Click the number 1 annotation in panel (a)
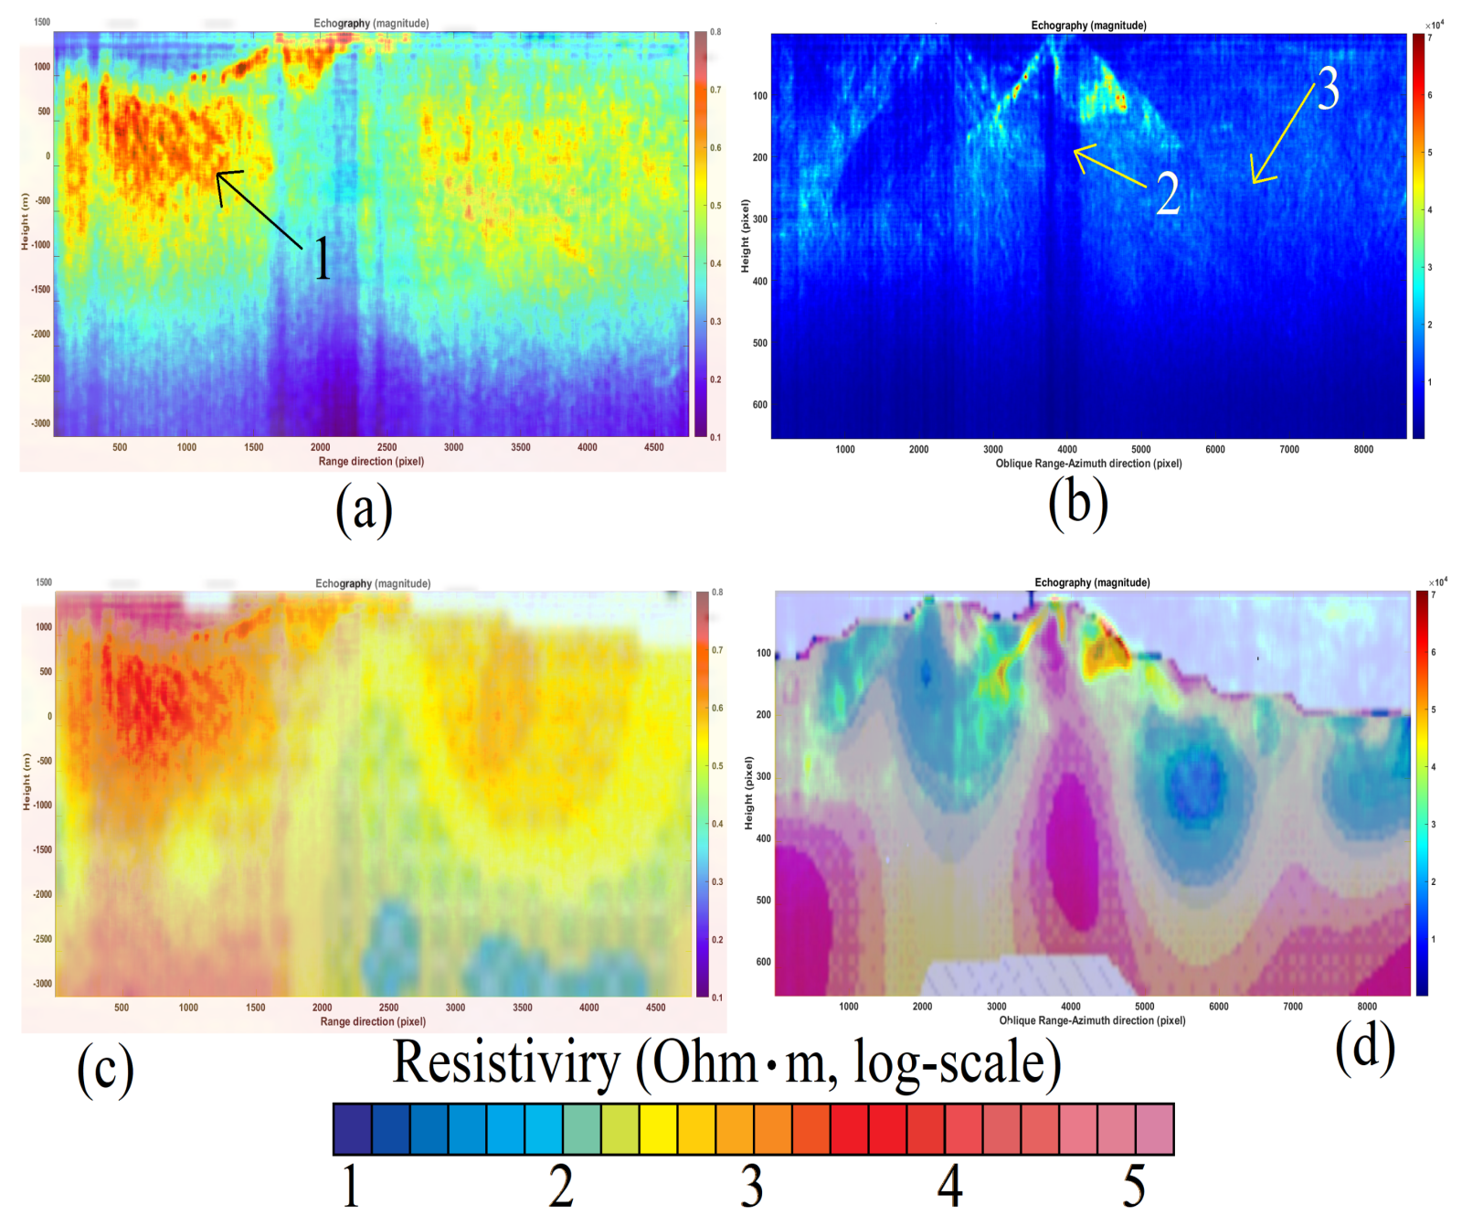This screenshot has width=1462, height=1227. click(322, 259)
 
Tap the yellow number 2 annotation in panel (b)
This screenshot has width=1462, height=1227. click(1167, 194)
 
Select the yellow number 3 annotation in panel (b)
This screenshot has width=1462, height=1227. click(1328, 89)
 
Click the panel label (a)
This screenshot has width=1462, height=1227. click(364, 507)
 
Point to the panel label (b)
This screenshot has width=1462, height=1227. click(1078, 504)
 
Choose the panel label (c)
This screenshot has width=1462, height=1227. click(105, 1070)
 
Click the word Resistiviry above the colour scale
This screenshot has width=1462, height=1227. click(506, 1063)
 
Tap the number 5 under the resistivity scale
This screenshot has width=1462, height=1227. click(1134, 1186)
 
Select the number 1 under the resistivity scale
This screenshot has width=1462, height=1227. click(351, 1186)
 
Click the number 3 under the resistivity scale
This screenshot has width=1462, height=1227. click(751, 1186)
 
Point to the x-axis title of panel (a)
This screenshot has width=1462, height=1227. click(371, 462)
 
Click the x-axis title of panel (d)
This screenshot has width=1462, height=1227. click(1092, 1020)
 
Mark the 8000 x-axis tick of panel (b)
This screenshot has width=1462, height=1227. click(1363, 450)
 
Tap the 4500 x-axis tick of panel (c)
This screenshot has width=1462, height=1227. click(655, 1008)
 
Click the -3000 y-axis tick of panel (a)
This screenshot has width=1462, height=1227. click(41, 423)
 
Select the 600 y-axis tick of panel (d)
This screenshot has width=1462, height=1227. click(763, 962)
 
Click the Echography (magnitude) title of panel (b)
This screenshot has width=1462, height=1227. click(1088, 26)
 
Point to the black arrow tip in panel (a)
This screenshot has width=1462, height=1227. click(217, 173)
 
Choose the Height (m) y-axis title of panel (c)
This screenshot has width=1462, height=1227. click(26, 782)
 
